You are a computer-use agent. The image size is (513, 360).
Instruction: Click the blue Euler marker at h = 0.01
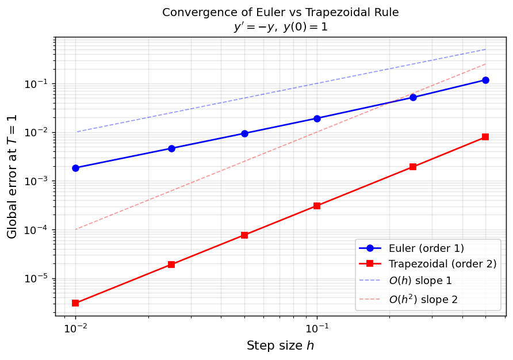[75, 168]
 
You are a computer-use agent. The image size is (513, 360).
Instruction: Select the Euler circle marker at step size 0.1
[317, 118]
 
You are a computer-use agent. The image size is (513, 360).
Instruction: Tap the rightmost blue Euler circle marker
[485, 80]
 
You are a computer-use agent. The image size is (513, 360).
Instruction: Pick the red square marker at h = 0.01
[75, 303]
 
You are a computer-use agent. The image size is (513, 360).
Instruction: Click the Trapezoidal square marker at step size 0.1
[317, 205]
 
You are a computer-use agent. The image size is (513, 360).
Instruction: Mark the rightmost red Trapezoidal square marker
[485, 137]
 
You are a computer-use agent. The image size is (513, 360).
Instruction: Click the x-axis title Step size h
[280, 346]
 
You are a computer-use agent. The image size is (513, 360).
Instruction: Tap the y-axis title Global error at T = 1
[12, 176]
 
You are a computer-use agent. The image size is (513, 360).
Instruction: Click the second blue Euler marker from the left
[171, 148]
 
